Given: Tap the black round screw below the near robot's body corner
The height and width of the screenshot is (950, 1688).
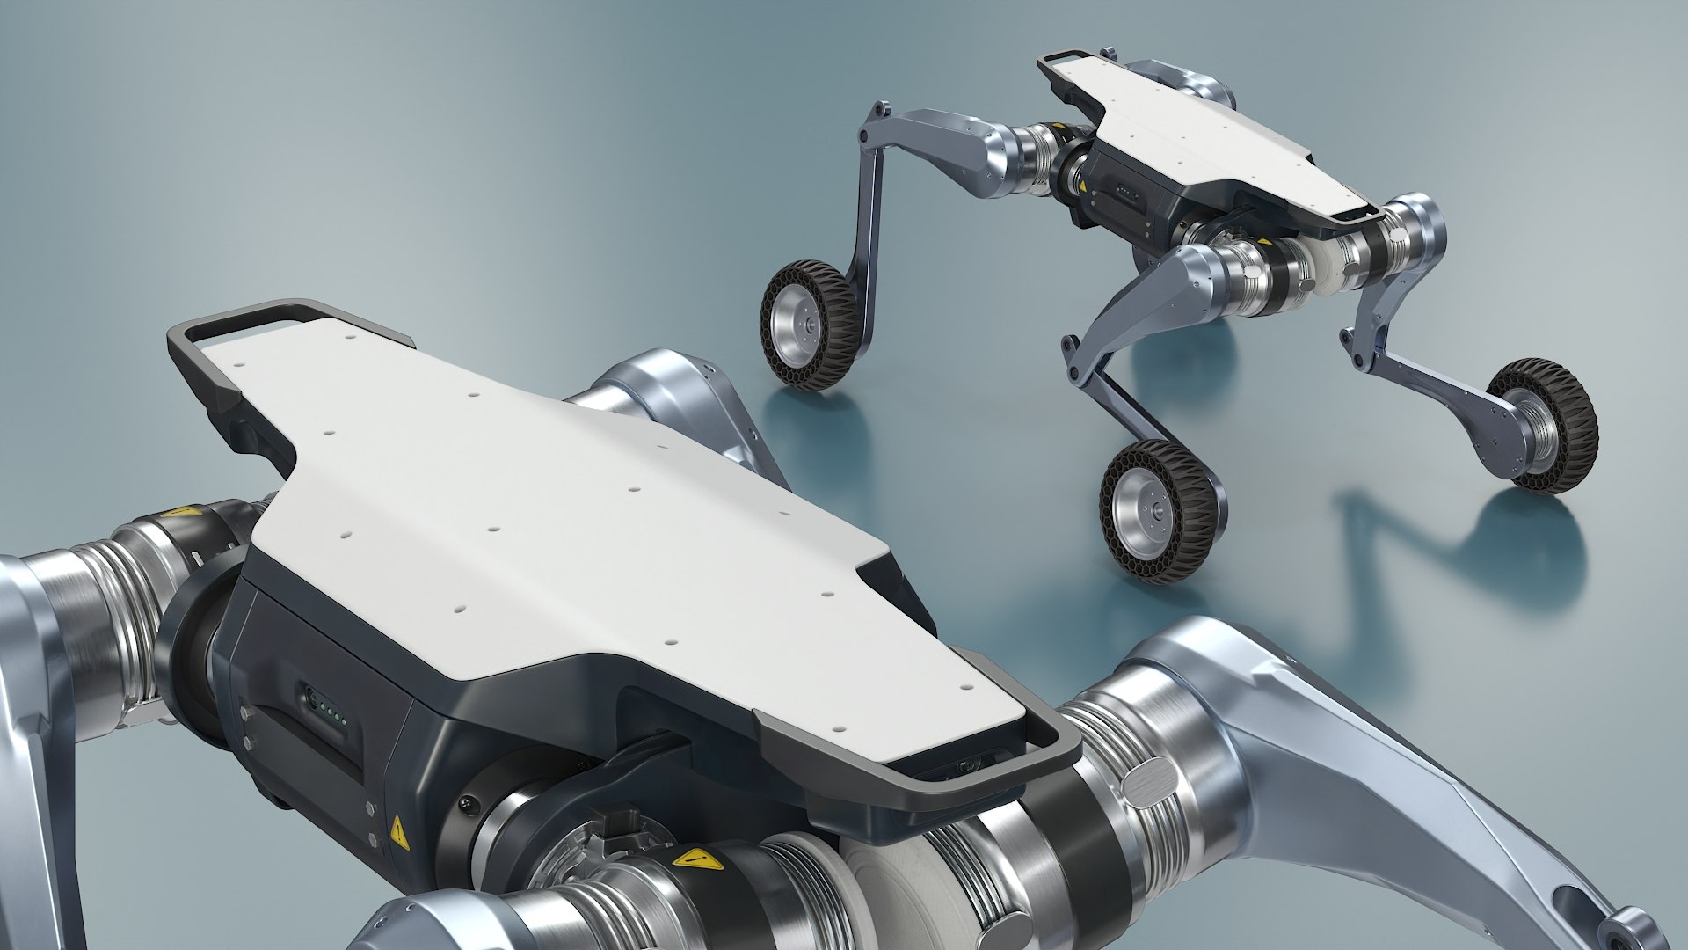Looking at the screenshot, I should [467, 802].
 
